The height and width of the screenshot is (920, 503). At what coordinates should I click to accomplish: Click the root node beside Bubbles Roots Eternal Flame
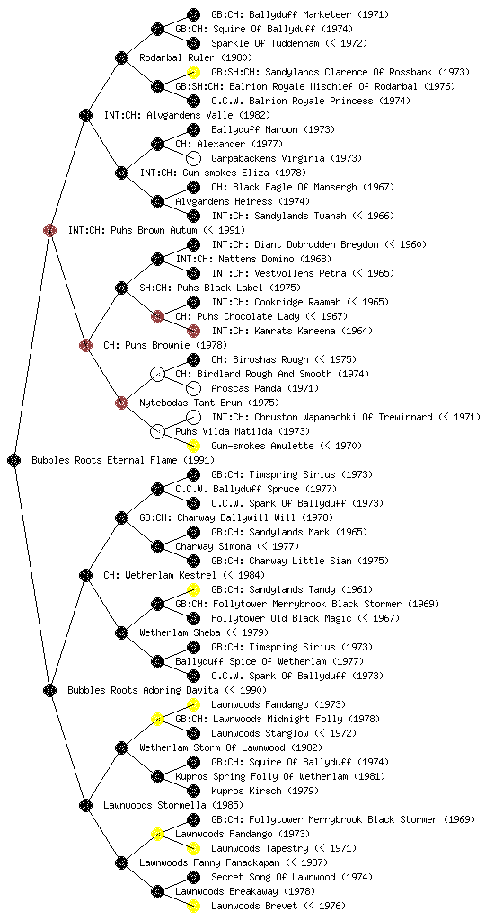tap(14, 460)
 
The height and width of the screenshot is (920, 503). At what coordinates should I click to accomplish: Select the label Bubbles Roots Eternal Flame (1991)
tap(123, 460)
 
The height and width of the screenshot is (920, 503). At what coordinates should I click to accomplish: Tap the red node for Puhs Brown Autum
tap(49, 230)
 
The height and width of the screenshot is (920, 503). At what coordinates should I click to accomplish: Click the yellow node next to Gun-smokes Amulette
tap(193, 446)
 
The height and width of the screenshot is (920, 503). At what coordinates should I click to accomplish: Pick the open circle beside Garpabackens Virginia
tap(193, 158)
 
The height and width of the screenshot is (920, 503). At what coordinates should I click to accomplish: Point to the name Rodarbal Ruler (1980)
tap(196, 57)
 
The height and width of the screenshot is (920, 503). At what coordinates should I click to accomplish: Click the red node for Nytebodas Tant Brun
tap(121, 402)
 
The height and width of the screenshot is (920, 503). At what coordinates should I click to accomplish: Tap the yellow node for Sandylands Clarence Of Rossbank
tap(193, 72)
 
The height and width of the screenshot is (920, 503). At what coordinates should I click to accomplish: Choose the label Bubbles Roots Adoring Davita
tap(143, 690)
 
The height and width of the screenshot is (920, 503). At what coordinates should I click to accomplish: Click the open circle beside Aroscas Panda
tap(193, 388)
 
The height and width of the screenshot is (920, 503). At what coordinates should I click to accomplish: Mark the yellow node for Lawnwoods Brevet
tap(193, 906)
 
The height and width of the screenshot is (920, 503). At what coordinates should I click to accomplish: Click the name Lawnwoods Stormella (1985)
tap(173, 805)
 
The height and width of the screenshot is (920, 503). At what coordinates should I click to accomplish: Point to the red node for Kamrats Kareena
tap(193, 331)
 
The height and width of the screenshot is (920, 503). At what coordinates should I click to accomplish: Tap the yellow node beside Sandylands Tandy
tap(193, 589)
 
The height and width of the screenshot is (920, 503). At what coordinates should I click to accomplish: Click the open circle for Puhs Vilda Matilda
tap(157, 431)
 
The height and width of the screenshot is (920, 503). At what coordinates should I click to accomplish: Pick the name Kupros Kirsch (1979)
tap(265, 791)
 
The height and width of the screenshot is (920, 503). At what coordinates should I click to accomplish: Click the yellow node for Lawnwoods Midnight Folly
tap(157, 719)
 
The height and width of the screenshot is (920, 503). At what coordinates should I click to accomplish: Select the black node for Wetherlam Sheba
tap(121, 632)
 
